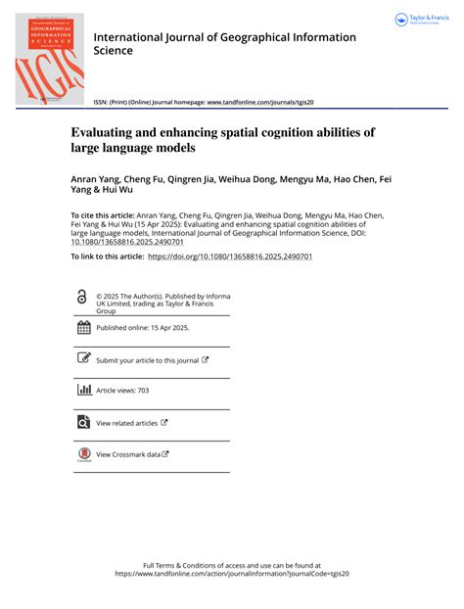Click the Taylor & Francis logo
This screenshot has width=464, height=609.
point(421,20)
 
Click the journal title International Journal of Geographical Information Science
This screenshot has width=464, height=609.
point(224,43)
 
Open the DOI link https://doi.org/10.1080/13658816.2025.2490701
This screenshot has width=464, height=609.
point(229,256)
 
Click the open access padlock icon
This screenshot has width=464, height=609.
point(83,297)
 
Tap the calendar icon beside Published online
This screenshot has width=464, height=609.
point(83,328)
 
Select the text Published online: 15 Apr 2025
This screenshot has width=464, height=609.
point(143,328)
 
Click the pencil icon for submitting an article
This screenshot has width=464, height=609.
point(83,359)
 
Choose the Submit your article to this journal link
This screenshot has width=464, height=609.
point(148,360)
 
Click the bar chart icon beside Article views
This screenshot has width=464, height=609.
point(83,390)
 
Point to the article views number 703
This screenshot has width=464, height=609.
point(143,391)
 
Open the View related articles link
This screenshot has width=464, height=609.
point(127,423)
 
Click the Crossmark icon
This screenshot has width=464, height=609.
point(83,454)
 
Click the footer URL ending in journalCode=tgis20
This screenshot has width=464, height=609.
point(232,575)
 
